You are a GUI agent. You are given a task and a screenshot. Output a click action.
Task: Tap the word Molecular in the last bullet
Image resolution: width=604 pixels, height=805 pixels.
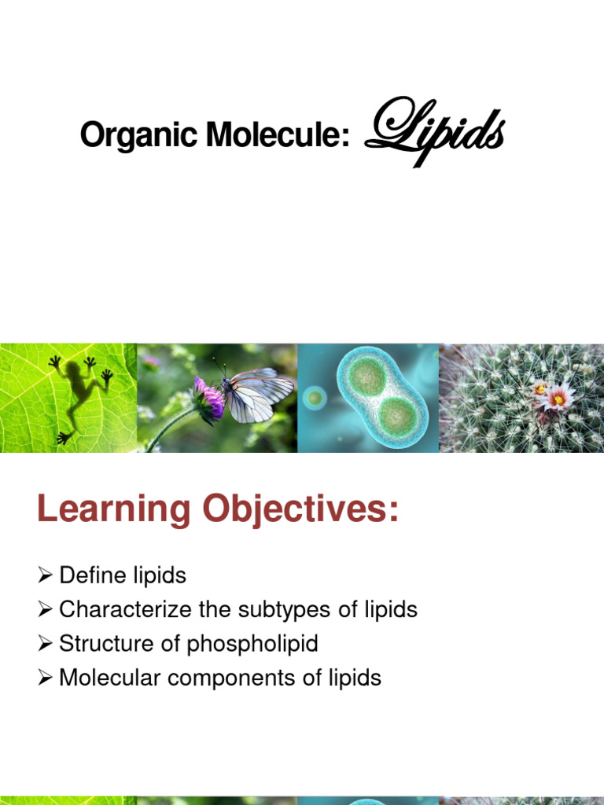point(107,678)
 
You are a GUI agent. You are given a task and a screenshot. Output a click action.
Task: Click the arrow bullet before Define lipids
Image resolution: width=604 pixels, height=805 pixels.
point(45,576)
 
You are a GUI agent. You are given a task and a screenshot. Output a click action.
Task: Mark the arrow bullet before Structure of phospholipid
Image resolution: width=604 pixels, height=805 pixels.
point(45,644)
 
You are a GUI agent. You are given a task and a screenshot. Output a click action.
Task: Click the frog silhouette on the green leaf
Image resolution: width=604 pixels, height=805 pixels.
point(79,393)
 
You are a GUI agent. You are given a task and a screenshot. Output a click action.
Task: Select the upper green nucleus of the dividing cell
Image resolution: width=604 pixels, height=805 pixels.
point(366,377)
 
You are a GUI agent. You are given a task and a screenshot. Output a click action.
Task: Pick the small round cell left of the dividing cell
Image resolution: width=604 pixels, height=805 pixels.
point(315,397)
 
